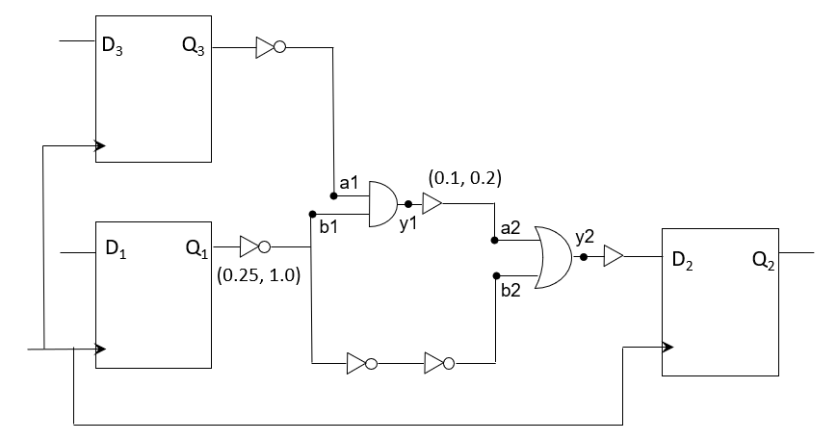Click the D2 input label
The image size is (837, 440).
(x=681, y=261)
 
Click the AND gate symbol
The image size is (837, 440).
(x=384, y=204)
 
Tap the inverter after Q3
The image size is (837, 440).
(x=269, y=47)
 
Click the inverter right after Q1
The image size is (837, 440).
(x=253, y=245)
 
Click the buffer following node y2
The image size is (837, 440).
(x=614, y=256)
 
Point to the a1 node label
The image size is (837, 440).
(x=349, y=182)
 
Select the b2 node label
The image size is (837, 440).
(x=510, y=291)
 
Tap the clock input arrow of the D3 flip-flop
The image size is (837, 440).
(x=100, y=147)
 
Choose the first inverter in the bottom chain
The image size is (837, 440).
(x=359, y=364)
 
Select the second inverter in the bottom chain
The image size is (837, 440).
(x=438, y=364)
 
